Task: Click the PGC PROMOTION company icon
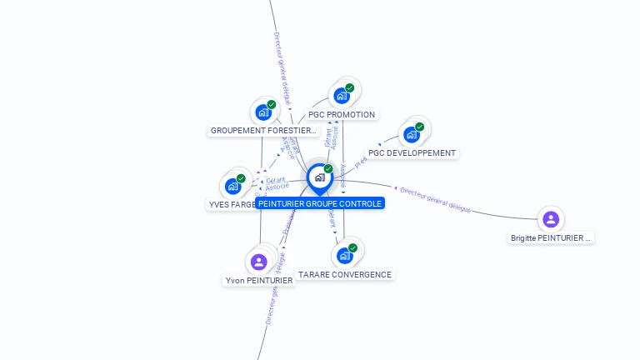(342, 96)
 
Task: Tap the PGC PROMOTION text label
(342, 114)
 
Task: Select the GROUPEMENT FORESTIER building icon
(263, 112)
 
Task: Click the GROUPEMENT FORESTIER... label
(263, 131)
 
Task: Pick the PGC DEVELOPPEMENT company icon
(411, 134)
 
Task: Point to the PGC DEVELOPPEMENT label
(412, 153)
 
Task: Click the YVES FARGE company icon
(233, 186)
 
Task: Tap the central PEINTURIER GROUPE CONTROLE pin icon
(319, 177)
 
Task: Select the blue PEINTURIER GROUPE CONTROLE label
(320, 203)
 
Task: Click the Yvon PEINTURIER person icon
(258, 262)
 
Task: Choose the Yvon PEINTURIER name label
(259, 281)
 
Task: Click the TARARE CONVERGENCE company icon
(344, 256)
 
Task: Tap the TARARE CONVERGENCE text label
(345, 274)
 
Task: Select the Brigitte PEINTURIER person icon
(550, 219)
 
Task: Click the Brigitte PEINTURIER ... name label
(551, 238)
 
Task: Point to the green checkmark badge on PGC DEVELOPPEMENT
(419, 127)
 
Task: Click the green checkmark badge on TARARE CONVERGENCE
(352, 247)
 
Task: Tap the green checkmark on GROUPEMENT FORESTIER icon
(272, 104)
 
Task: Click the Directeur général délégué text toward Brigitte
(435, 200)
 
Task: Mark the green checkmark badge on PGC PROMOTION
(350, 87)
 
